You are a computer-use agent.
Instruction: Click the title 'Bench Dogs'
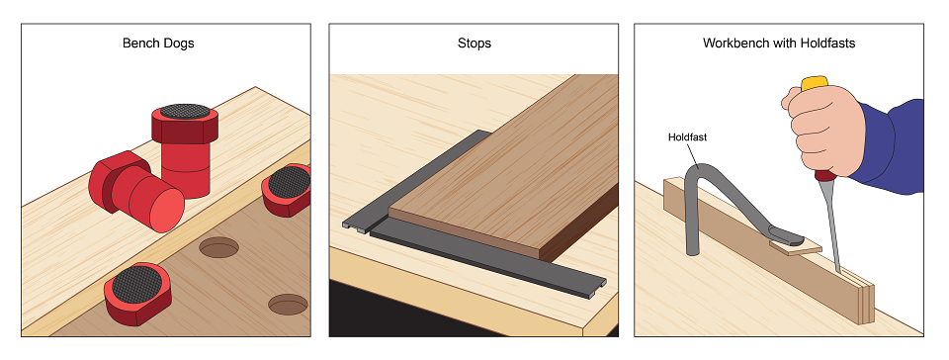pyautogui.click(x=158, y=44)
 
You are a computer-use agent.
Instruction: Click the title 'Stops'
pyautogui.click(x=474, y=44)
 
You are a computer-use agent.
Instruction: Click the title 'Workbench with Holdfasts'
pyautogui.click(x=779, y=44)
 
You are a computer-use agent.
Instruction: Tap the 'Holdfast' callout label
pyautogui.click(x=687, y=137)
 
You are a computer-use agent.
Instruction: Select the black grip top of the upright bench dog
pyautogui.click(x=185, y=112)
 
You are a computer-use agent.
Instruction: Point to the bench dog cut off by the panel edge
pyautogui.click(x=287, y=189)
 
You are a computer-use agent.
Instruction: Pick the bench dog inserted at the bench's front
pyautogui.click(x=137, y=293)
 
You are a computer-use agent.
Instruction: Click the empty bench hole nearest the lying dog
pyautogui.click(x=219, y=247)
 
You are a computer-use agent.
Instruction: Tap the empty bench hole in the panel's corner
pyautogui.click(x=288, y=305)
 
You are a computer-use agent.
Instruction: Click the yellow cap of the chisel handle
pyautogui.click(x=814, y=83)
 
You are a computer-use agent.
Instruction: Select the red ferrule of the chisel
pyautogui.click(x=824, y=175)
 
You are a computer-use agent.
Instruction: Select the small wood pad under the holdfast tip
pyautogui.click(x=795, y=247)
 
